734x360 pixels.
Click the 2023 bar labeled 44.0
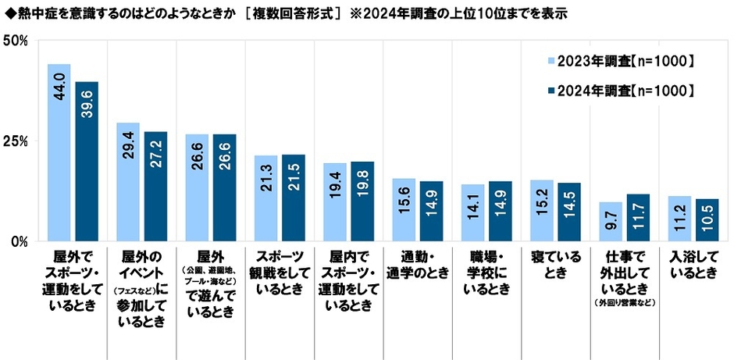tap(59, 152)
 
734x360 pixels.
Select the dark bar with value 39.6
tap(87, 161)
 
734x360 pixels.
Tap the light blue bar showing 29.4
tap(128, 182)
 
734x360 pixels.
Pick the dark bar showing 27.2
tap(155, 186)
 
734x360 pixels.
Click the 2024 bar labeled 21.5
tap(293, 198)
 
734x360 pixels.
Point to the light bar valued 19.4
tap(334, 201)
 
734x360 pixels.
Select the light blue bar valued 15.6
tap(403, 209)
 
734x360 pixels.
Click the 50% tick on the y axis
tap(16, 40)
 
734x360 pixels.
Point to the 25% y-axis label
tap(16, 141)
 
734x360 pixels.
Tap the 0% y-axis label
tap(20, 241)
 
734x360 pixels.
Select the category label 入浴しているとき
tap(692, 263)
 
